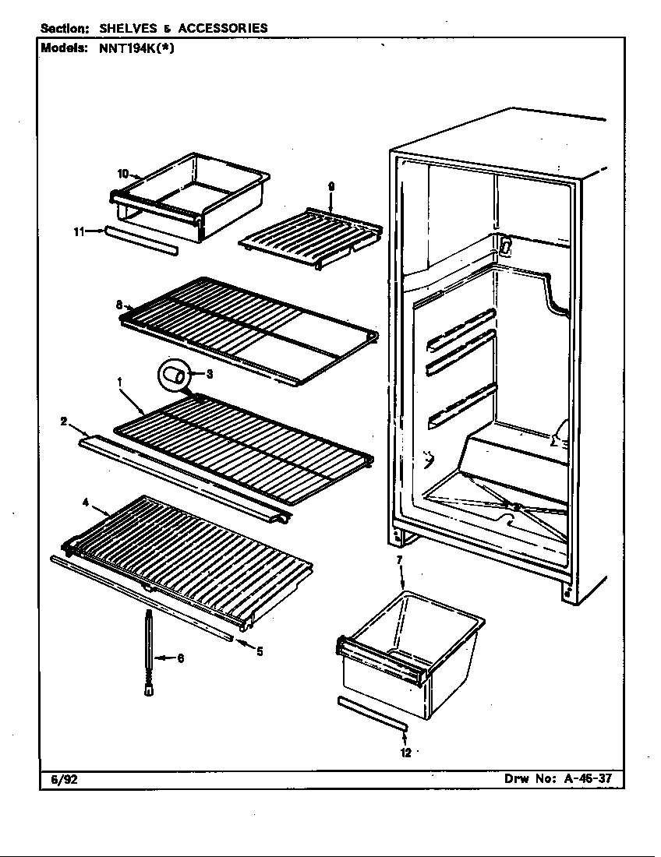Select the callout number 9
coord(331,185)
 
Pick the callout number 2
coord(63,421)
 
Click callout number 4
coord(85,503)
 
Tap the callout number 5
coord(259,651)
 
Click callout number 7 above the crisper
coord(399,559)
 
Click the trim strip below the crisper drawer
coord(373,714)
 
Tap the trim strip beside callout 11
coord(140,241)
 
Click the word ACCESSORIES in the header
coord(222,28)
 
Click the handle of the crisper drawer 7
coord(382,658)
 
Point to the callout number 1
coord(120,382)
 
